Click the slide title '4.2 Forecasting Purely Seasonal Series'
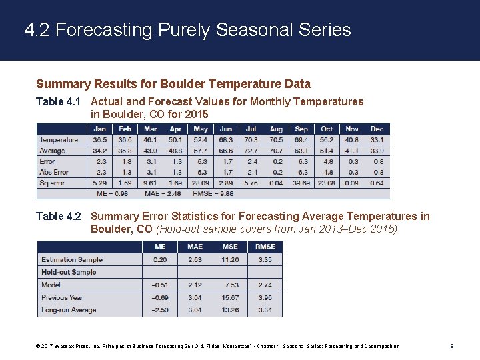coord(187,30)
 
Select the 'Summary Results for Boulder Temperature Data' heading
coord(173,84)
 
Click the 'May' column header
coord(201,129)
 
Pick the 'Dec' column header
coord(377,129)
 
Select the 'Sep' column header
coord(301,129)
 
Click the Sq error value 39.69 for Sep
coord(301,183)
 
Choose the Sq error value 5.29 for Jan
coord(99,183)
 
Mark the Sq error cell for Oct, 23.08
coord(327,183)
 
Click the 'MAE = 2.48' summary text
coord(163,194)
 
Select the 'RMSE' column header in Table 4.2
coord(265,247)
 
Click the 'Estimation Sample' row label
coord(71,259)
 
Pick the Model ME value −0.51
coord(159,285)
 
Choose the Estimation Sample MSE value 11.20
coord(230,259)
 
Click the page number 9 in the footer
coord(452,346)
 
